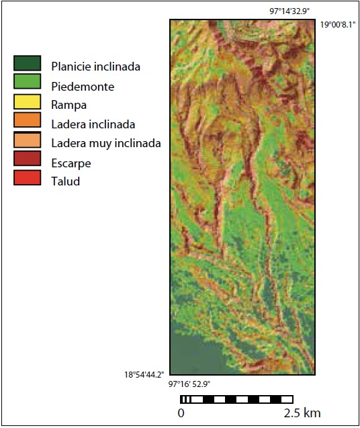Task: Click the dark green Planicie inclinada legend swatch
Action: pyautogui.click(x=27, y=64)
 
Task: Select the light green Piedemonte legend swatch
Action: pyautogui.click(x=27, y=83)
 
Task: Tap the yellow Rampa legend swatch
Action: pyautogui.click(x=27, y=103)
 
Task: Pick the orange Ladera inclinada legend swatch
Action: pyautogui.click(x=27, y=122)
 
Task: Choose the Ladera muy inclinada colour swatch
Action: pyautogui.click(x=27, y=142)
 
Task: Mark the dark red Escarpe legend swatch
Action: pyautogui.click(x=27, y=161)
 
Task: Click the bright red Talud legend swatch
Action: pyautogui.click(x=27, y=181)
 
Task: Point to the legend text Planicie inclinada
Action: pyautogui.click(x=95, y=67)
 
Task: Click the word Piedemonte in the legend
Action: pyautogui.click(x=83, y=87)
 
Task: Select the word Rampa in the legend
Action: pyautogui.click(x=69, y=105)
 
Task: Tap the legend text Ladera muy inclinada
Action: pyautogui.click(x=105, y=143)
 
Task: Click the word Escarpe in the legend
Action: pyautogui.click(x=71, y=163)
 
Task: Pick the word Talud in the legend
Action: pyautogui.click(x=65, y=181)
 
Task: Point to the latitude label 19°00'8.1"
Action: pyautogui.click(x=338, y=24)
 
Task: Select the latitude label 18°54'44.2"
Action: pyautogui.click(x=143, y=373)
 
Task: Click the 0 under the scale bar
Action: pyautogui.click(x=181, y=412)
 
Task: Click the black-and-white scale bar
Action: pyautogui.click(x=236, y=399)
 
